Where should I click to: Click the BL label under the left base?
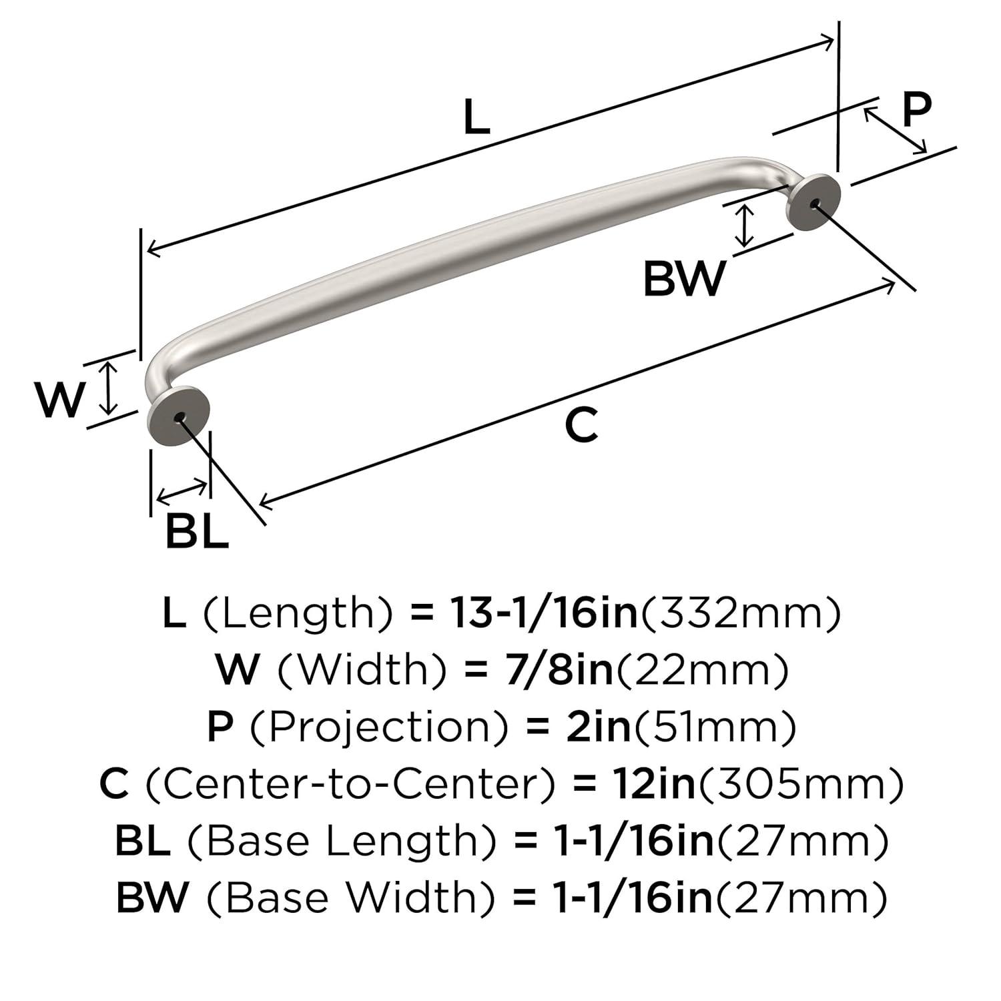point(196,532)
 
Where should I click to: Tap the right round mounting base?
point(812,202)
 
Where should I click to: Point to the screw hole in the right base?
point(813,203)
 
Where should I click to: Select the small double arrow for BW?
point(744,226)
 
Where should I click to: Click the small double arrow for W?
point(108,388)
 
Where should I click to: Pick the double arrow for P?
point(896,129)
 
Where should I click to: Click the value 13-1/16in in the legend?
point(543,613)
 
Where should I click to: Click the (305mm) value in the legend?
point(800,784)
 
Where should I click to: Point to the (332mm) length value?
point(741,613)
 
